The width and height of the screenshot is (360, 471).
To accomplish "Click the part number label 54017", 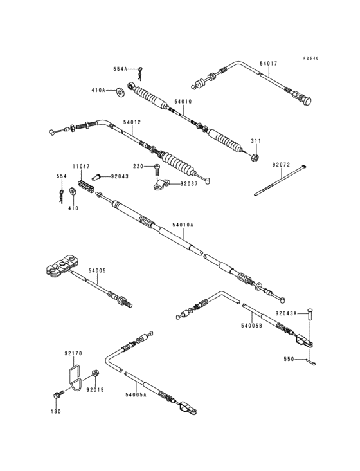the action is [269, 64].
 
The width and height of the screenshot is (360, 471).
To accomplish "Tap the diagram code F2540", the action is [310, 59].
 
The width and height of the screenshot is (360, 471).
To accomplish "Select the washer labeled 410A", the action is [122, 91].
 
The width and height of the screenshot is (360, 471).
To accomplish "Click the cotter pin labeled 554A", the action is [141, 73].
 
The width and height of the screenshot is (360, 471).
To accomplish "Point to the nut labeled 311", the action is [255, 157].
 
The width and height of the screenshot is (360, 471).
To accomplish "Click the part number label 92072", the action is [281, 165].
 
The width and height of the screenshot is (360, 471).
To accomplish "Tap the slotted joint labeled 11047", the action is [86, 186].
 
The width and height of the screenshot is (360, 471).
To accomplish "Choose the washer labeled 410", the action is [73, 191].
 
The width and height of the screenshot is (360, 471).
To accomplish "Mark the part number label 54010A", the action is [183, 225].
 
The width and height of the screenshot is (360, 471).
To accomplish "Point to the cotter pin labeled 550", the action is [310, 362].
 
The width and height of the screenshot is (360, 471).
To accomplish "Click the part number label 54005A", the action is [136, 394].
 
